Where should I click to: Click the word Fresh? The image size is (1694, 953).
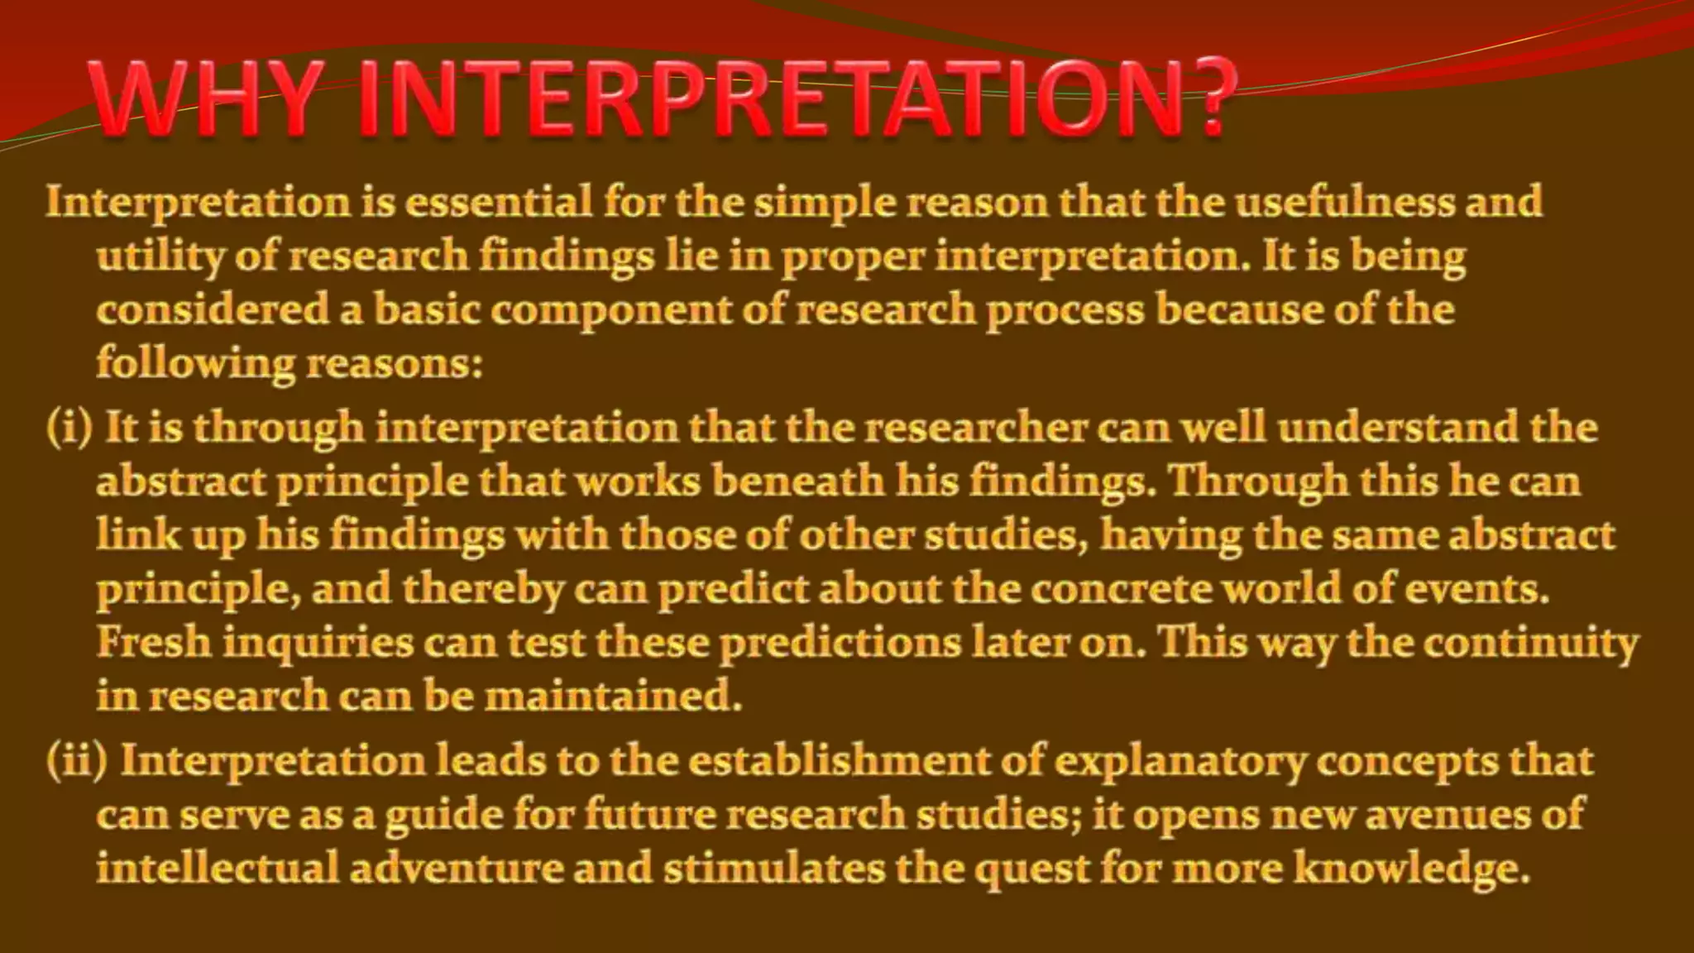pos(154,643)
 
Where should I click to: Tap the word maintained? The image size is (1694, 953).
pos(612,697)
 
